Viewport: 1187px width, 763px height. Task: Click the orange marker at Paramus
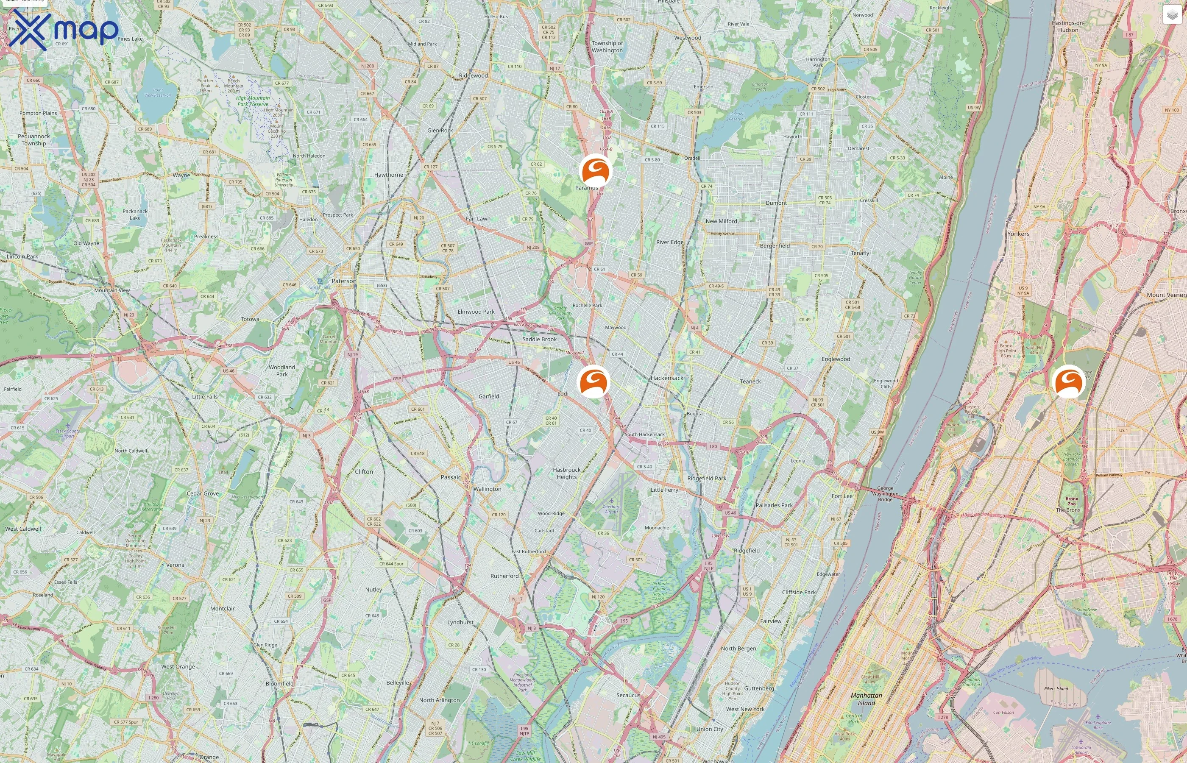(x=595, y=170)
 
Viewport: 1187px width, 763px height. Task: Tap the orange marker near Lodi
(x=593, y=381)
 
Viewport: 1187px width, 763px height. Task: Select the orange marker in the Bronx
(x=1068, y=381)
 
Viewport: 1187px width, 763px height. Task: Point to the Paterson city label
(x=344, y=281)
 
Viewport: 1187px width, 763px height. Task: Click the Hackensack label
(x=667, y=378)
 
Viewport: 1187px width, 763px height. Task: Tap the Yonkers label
(x=1018, y=234)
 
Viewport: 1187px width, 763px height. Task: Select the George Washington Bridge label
(x=885, y=494)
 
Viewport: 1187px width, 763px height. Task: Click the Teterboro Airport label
(x=611, y=509)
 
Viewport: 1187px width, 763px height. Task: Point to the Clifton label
(x=364, y=472)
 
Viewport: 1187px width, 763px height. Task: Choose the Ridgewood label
(x=473, y=76)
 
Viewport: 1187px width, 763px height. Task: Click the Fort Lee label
(x=842, y=496)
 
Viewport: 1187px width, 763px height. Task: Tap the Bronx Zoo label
(x=1072, y=501)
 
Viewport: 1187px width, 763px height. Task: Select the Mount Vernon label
(x=1166, y=295)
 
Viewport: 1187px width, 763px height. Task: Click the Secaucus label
(x=628, y=695)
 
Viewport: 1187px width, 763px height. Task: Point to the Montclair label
(x=223, y=608)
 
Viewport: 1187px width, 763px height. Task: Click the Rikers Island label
(x=1056, y=689)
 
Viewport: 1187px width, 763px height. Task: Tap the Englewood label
(x=836, y=359)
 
